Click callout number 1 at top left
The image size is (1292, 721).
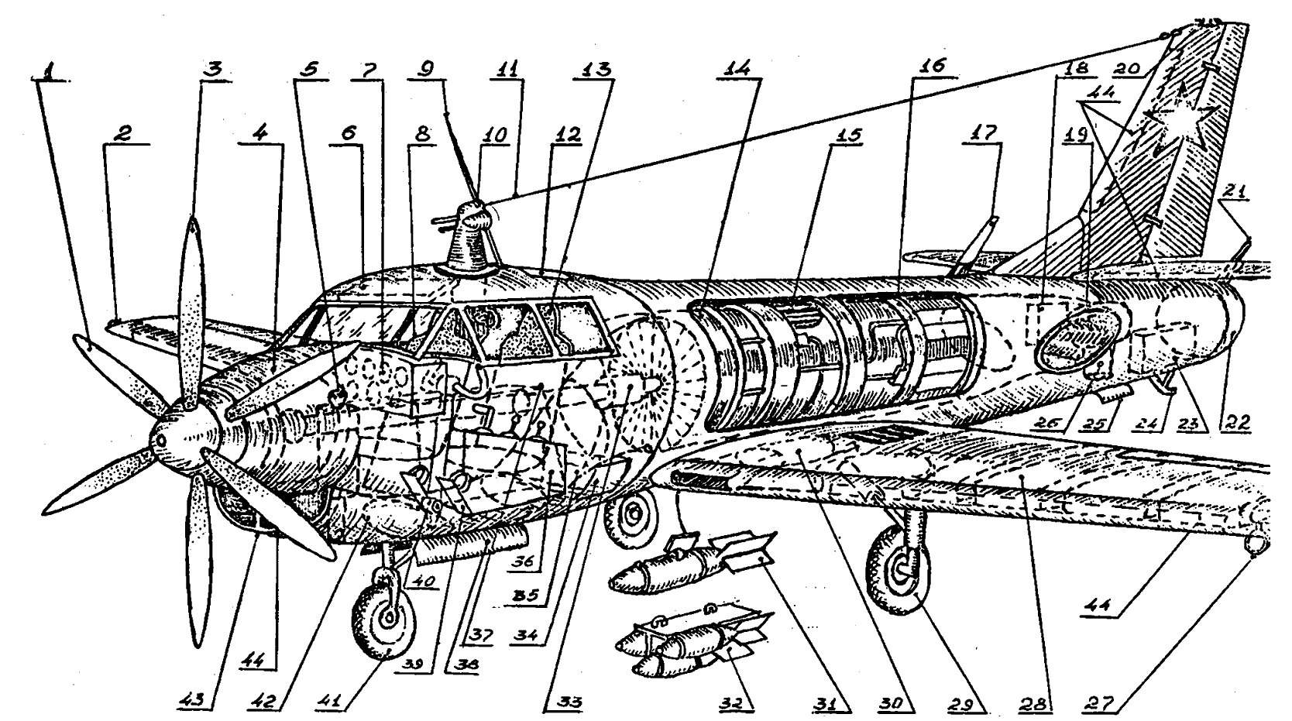coord(50,70)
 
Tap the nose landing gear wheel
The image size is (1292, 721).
coord(386,617)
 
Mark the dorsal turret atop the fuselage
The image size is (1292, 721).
coord(470,236)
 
